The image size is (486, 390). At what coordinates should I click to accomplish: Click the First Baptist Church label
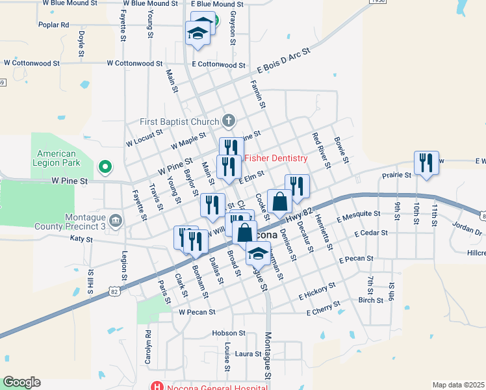click(x=180, y=122)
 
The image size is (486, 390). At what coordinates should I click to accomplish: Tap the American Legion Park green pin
click(x=104, y=168)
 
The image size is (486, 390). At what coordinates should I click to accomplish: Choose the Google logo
click(x=21, y=382)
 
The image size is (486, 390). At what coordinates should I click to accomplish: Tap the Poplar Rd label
click(x=53, y=25)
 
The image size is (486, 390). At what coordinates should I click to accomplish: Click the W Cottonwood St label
click(x=134, y=64)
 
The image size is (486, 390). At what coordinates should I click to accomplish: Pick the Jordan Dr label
click(x=468, y=229)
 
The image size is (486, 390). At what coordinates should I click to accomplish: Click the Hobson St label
click(x=228, y=333)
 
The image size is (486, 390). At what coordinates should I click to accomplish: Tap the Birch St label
click(x=370, y=300)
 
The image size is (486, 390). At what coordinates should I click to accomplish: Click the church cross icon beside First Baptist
click(x=228, y=120)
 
